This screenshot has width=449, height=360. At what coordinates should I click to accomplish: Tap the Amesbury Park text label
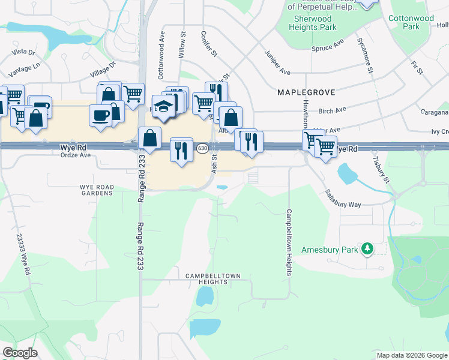coord(330,249)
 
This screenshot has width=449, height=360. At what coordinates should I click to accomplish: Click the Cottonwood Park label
coord(411,23)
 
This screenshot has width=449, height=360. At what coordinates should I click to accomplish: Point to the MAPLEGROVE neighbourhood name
coord(306,93)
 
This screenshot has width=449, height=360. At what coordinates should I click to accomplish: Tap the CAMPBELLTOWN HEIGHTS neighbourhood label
coord(212,279)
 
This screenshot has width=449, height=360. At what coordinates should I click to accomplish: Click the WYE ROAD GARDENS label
coord(97,190)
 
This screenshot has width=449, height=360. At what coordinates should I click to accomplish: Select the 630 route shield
coord(202,148)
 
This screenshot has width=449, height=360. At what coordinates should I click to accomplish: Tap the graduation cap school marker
coord(163,106)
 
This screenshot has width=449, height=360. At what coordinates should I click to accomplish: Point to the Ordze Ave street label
coord(75,155)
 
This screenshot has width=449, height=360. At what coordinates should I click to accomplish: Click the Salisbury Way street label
coord(343,199)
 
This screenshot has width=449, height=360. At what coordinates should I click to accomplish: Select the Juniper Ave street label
coord(277,62)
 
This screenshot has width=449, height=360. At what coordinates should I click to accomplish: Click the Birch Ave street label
coord(333,110)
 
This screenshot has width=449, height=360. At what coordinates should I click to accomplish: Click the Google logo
coord(20,353)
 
